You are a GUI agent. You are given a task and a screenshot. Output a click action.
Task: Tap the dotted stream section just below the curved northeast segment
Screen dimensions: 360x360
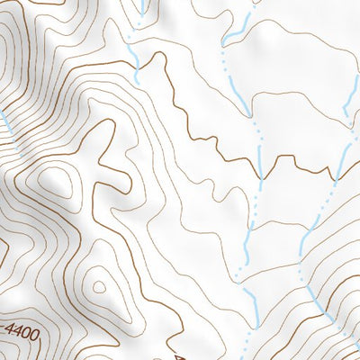click(x=222, y=63)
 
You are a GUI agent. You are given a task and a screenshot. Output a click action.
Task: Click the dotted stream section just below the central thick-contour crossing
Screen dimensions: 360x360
click(x=256, y=198)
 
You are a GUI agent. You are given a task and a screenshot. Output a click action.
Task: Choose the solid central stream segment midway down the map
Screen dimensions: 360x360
click(x=247, y=238)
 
